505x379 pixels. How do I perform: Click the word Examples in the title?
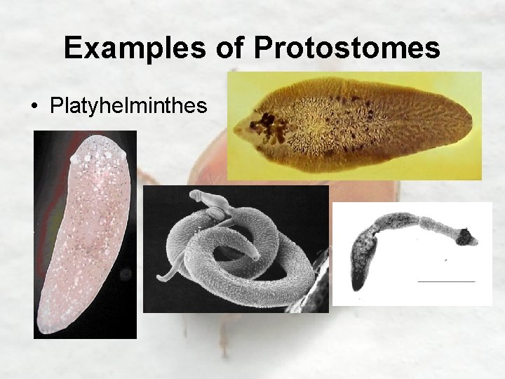point(133,48)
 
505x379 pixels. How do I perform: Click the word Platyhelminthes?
point(128,106)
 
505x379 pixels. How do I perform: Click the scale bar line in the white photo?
point(446,281)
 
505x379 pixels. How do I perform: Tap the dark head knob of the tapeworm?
point(464,237)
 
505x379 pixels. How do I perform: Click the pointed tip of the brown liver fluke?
point(235,128)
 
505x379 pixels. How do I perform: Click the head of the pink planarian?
point(98,151)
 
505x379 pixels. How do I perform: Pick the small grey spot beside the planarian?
point(126,274)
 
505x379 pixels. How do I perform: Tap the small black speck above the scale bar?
point(447,260)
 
